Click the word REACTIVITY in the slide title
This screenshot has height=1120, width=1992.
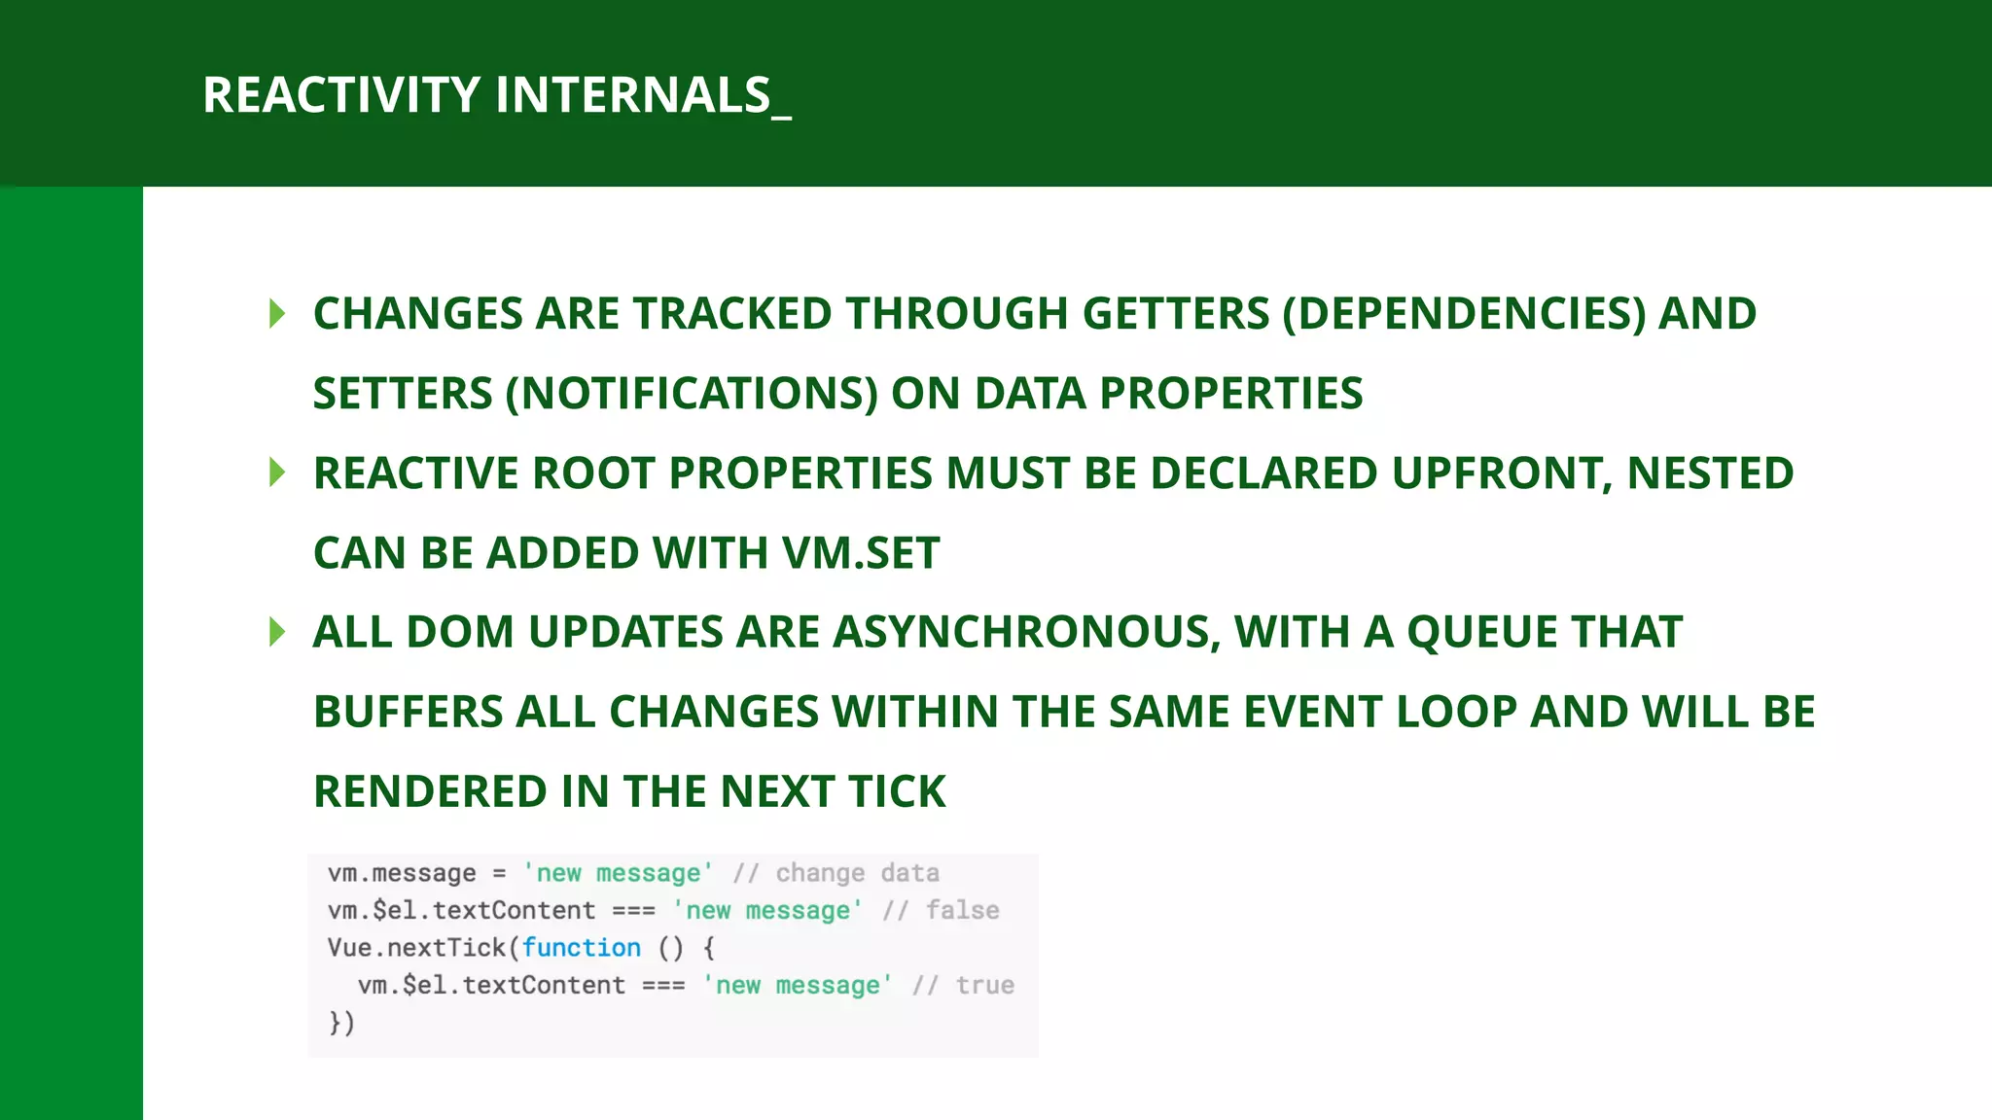[340, 95]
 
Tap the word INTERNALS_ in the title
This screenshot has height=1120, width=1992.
[643, 95]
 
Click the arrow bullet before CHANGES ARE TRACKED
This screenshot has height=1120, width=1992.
[277, 314]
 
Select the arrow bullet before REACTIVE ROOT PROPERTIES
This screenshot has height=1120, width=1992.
[277, 473]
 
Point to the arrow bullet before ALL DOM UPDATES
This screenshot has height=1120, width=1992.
[277, 632]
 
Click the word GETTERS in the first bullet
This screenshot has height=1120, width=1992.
[1175, 314]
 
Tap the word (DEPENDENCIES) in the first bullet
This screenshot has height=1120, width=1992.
[1464, 314]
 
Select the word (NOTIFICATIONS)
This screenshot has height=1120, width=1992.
[692, 394]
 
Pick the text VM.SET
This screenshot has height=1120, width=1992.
[861, 553]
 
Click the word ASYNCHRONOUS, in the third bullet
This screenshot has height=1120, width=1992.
[1026, 632]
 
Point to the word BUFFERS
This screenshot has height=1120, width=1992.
[408, 712]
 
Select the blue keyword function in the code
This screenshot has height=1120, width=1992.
[582, 948]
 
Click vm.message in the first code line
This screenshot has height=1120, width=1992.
[402, 873]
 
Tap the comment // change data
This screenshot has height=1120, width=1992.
[836, 873]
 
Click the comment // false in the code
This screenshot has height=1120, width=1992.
[941, 911]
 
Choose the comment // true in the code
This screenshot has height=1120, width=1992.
[963, 986]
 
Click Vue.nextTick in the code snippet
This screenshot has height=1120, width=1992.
[416, 948]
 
